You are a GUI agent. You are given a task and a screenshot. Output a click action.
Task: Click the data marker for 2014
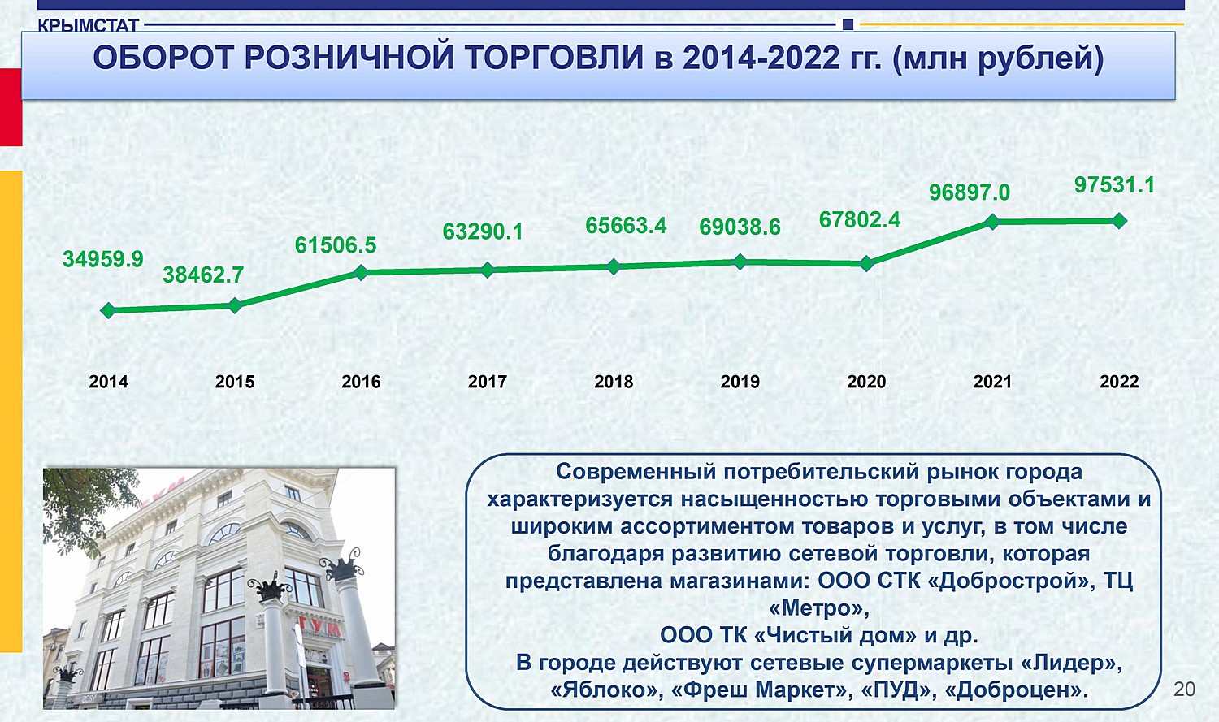[x=108, y=310]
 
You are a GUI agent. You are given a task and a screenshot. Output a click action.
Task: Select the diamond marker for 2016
[x=361, y=272]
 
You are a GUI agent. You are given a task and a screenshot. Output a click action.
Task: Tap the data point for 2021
[x=992, y=222]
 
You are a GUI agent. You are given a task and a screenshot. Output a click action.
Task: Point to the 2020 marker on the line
[x=866, y=264]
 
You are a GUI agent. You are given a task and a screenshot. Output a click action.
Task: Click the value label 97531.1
[x=1114, y=185]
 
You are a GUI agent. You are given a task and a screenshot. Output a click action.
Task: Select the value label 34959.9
[x=103, y=259]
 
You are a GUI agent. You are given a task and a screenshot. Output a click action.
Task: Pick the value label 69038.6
[x=740, y=227]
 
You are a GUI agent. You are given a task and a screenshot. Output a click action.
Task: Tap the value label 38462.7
[x=203, y=275]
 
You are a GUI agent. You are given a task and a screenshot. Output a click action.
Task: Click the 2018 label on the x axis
[x=614, y=382]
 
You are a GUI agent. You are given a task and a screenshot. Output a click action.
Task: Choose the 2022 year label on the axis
[x=1119, y=382]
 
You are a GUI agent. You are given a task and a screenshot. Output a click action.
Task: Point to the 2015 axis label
[x=235, y=382]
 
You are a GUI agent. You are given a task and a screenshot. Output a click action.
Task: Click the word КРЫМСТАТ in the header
[x=88, y=25]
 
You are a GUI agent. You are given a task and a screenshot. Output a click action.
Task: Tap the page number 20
[x=1185, y=689]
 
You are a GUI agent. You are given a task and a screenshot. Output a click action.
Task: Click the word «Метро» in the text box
[x=819, y=607]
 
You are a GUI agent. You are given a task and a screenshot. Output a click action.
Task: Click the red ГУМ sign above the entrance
[x=320, y=629]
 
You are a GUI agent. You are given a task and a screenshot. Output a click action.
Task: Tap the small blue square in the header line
[x=848, y=24]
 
